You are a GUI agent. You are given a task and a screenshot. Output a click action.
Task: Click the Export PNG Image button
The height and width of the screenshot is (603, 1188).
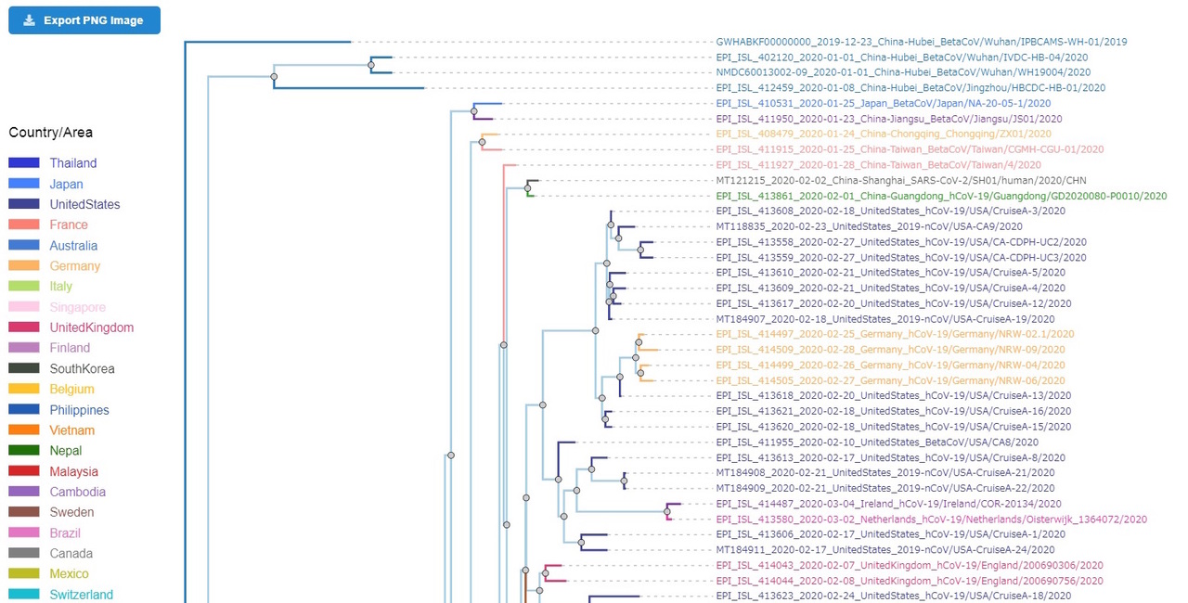coord(84,20)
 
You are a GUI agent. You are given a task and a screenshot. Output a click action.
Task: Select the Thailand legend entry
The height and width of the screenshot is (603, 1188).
coord(72,163)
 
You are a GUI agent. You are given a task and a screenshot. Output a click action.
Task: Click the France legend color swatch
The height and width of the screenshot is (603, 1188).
coord(24,225)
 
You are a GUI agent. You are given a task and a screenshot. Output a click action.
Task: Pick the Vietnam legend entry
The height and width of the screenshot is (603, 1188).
coord(72,430)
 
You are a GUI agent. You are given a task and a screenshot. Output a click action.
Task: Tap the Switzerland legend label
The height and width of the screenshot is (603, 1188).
coord(82,595)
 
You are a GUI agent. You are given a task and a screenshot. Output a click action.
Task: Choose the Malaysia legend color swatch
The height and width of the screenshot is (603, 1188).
coord(24,471)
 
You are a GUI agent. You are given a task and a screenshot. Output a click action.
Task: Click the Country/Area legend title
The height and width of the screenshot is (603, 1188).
coord(51,133)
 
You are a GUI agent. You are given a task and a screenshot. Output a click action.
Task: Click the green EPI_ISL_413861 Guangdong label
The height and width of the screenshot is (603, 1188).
coord(941,196)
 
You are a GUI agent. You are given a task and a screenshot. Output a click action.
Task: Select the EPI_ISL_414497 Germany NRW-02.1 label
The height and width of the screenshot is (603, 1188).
coord(895,334)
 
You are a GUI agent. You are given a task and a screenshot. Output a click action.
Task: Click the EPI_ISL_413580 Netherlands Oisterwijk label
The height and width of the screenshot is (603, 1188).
coord(931,520)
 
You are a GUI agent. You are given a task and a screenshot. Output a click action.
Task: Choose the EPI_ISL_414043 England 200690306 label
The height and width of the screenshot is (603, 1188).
coord(910,566)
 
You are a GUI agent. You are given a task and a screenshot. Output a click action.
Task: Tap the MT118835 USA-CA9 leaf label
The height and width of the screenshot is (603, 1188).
coord(869,226)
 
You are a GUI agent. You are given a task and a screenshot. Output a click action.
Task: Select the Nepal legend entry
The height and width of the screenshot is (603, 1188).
coord(66,451)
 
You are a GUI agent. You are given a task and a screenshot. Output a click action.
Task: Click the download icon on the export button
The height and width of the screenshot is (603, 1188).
coord(30,20)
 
